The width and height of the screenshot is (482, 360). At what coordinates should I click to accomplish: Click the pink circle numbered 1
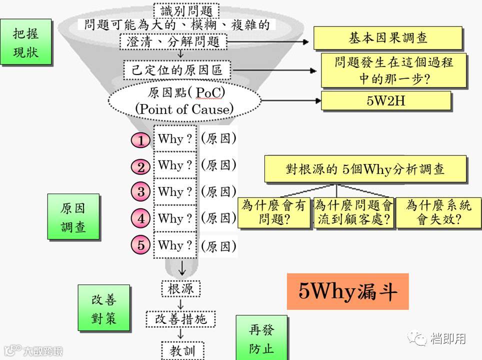[x=140, y=140]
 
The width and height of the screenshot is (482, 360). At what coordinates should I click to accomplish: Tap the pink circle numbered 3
[x=140, y=191]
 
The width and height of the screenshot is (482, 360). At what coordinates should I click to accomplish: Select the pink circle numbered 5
[x=140, y=245]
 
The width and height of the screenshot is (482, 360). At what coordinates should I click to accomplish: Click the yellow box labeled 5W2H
[x=385, y=100]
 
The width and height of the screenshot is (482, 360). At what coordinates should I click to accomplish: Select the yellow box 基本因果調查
[x=387, y=38]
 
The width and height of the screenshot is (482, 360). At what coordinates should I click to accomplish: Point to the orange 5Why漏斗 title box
[x=347, y=291]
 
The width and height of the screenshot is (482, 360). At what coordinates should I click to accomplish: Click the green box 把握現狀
[x=26, y=42]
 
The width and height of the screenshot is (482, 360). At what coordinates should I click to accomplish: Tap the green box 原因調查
[x=73, y=217]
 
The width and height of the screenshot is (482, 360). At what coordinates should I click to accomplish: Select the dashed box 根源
[x=181, y=288]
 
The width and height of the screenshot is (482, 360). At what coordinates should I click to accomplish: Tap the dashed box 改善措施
[x=181, y=319]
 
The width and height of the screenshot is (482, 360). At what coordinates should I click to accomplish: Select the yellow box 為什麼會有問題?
[x=274, y=212]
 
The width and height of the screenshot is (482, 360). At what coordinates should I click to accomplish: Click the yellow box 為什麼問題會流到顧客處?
[x=353, y=212]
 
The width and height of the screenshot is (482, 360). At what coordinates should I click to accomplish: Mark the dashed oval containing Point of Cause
[x=184, y=101]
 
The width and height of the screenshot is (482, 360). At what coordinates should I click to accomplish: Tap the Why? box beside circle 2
[x=175, y=165]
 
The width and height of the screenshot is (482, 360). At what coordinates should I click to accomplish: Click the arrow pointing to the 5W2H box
[x=290, y=100]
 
